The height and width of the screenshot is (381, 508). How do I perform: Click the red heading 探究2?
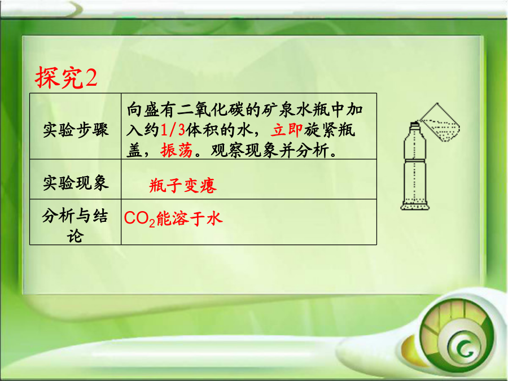66,77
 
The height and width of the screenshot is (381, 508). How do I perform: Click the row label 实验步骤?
76,130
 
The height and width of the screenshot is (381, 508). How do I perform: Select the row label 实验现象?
76,183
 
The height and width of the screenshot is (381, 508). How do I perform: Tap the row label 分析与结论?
75,226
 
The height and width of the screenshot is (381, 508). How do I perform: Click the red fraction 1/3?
173,130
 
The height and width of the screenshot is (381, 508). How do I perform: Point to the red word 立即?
287,130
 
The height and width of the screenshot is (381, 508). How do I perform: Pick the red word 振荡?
177,150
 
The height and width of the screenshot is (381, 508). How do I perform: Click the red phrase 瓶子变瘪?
183,186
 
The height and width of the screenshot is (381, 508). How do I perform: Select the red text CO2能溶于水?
173,218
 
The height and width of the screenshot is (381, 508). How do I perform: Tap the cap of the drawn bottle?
415,125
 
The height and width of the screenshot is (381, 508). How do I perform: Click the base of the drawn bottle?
415,205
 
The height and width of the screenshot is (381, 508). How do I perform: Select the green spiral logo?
457,337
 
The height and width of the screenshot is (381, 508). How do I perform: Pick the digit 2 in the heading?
91,78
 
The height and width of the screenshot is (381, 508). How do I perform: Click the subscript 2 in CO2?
152,223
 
